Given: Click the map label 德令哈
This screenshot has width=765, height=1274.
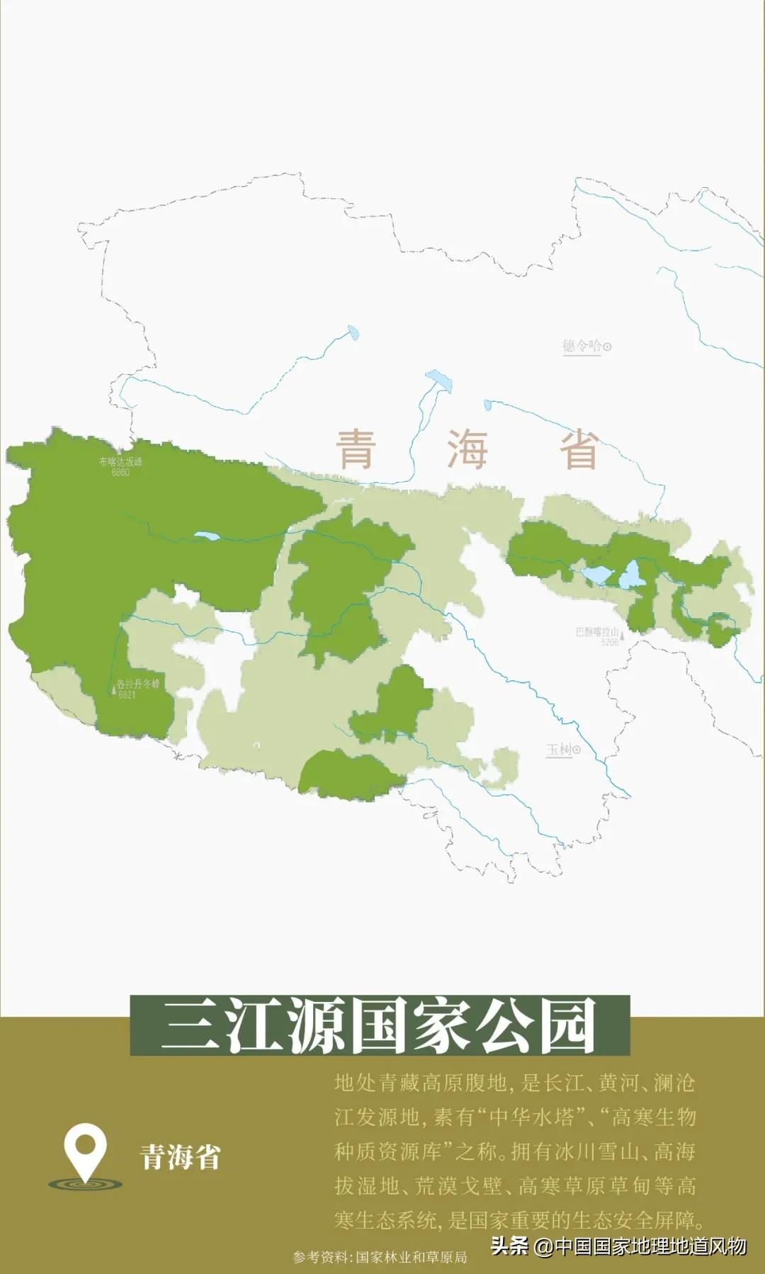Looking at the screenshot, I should point(582,346).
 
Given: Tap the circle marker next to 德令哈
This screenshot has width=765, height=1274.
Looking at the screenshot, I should point(607,346).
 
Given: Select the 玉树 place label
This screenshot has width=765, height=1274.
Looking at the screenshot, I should point(559,749).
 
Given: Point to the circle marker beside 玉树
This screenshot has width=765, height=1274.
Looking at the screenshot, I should point(577,750).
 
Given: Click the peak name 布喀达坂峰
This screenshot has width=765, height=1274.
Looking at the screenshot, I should point(120,462).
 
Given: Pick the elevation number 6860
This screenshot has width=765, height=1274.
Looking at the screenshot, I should point(120,473).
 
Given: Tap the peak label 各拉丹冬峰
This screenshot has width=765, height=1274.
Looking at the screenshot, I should point(138,684).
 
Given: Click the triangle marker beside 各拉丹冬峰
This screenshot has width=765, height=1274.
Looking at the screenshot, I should point(113,688).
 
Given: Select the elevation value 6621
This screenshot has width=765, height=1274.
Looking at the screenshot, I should point(127,694).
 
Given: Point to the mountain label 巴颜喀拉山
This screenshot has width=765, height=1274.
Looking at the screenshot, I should point(597,632).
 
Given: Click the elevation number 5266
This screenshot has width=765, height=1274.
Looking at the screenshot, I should point(609,642).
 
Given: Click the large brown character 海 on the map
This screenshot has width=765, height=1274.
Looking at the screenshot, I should point(467,449).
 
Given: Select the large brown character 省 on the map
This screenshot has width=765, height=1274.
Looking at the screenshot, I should point(579,449).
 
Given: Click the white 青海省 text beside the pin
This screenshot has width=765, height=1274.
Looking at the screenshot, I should point(181,1157).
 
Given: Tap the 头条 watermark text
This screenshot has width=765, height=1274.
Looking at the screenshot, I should point(509,1246).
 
